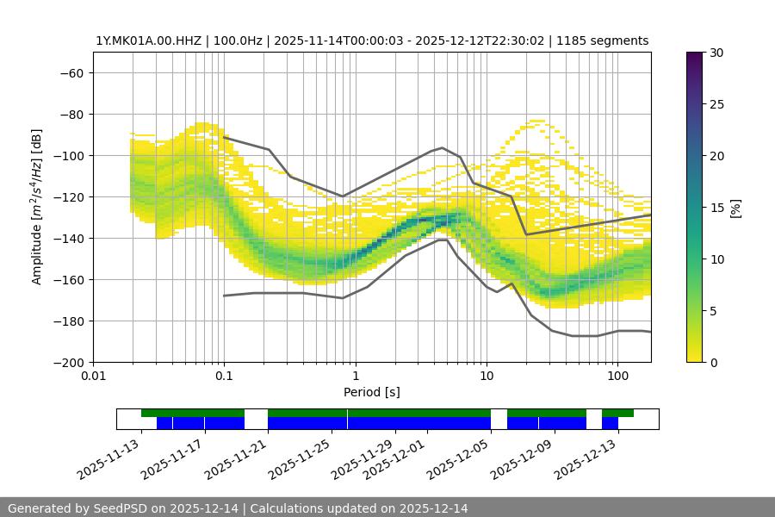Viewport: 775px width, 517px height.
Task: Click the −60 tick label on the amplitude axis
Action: pos(71,72)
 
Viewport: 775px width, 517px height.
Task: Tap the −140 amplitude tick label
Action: pos(68,238)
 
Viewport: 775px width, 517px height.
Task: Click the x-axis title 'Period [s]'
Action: pos(372,392)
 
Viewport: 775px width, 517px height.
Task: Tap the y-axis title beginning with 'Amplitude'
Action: pos(37,207)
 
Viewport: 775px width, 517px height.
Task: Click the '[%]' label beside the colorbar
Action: pos(735,208)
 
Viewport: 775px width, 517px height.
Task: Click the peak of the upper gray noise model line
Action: pos(443,147)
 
